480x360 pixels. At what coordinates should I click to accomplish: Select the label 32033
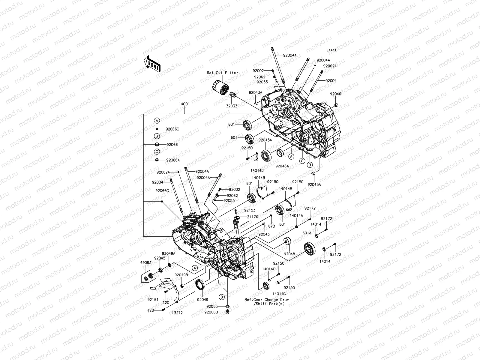[x=232, y=106]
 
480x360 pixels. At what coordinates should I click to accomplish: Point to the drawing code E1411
[x=331, y=50]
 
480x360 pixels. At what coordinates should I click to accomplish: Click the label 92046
[x=335, y=94]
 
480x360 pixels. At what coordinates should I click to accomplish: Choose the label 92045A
[x=265, y=140]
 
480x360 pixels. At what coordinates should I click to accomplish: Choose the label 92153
[x=250, y=210]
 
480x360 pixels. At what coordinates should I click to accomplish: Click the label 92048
[x=289, y=254]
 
